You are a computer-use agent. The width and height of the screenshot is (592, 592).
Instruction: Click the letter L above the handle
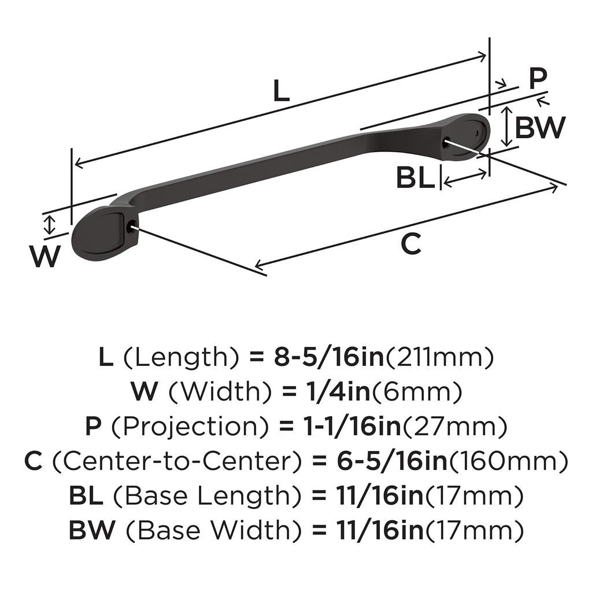280,91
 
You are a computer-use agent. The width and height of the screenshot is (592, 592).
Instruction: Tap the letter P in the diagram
538,79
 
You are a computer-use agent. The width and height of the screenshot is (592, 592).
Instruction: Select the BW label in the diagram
539,128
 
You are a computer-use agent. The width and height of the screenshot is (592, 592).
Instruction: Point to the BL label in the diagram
415,179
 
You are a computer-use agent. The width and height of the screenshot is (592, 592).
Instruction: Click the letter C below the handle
411,245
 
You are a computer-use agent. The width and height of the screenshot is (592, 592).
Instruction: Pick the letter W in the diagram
45,257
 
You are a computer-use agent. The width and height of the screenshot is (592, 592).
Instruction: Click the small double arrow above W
50,224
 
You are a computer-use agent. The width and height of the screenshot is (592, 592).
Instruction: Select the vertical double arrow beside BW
506,127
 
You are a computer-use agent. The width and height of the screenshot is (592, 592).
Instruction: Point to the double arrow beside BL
465,178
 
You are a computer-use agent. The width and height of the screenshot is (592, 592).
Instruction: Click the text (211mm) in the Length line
441,358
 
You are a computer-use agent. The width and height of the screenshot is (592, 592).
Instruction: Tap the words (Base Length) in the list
208,495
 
